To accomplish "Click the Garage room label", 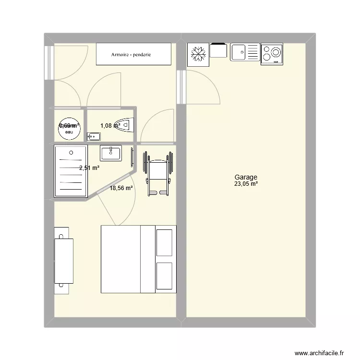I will (246, 177).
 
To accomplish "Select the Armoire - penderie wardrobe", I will (134, 54).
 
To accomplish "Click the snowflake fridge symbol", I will (197, 54).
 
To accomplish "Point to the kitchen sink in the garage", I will (245, 52).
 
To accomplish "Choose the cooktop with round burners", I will (272, 54).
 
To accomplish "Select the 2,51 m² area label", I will (89, 168).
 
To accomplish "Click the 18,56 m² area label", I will (121, 189).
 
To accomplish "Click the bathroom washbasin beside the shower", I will (111, 153).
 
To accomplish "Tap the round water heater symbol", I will (69, 126).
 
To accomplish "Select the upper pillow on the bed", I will (164, 242).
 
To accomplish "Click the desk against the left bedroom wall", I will (63, 260).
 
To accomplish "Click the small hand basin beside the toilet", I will (94, 137).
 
